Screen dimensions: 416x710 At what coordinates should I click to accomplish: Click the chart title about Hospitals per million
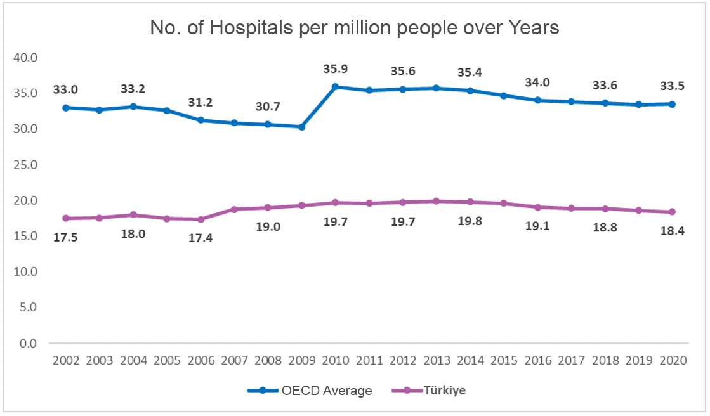pyautogui.click(x=354, y=29)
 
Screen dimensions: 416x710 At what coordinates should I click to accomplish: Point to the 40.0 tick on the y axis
pyautogui.click(x=26, y=58)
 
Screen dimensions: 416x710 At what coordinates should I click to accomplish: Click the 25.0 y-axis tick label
pyautogui.click(x=26, y=165)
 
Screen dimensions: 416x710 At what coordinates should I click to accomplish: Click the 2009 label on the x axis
pyautogui.click(x=301, y=361)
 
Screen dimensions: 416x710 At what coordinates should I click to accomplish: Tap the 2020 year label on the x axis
pyautogui.click(x=672, y=361)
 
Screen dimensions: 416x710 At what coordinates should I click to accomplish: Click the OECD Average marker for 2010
pyautogui.click(x=336, y=87)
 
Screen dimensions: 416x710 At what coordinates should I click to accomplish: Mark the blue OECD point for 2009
pyautogui.click(x=301, y=127)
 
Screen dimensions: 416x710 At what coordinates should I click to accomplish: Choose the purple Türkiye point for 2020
pyautogui.click(x=672, y=212)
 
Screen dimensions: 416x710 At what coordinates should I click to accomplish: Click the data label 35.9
pyautogui.click(x=335, y=68)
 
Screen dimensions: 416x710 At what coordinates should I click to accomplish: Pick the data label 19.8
pyautogui.click(x=470, y=224)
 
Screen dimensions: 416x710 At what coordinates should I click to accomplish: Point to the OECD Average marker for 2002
pyautogui.click(x=65, y=108)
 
